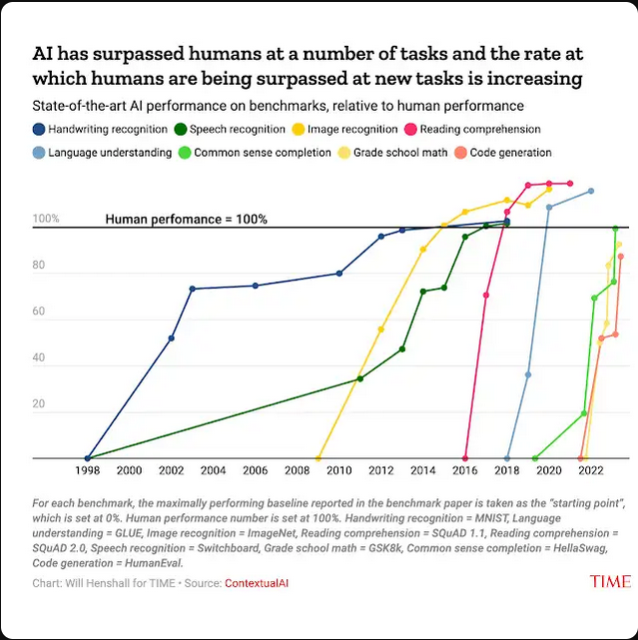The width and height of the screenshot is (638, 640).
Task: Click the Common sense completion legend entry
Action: pos(262,153)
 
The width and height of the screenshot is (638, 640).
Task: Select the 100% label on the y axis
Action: pos(46,219)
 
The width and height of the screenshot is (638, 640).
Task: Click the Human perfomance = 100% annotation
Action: pos(186,219)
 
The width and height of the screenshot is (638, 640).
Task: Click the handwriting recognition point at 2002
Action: pos(172,338)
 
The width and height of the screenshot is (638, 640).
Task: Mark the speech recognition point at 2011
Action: pos(360,378)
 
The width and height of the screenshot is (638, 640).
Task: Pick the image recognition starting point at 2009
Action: pos(319,458)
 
